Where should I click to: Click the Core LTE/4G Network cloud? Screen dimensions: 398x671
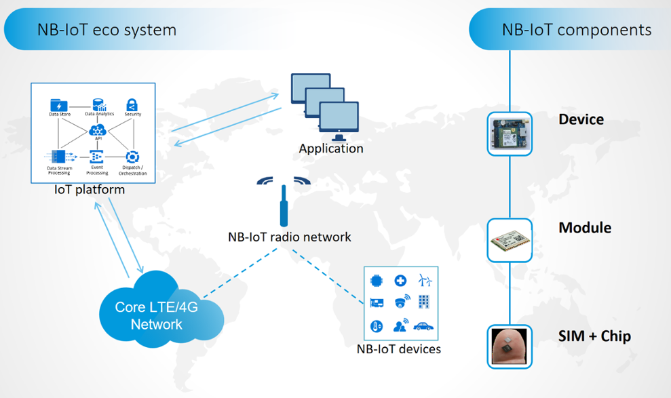[x=157, y=315]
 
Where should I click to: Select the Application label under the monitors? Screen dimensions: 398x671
[x=331, y=148]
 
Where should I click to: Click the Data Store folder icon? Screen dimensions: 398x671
[x=59, y=105]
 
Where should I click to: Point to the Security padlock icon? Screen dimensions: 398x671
[x=132, y=104]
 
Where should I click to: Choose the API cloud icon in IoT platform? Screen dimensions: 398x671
[x=98, y=130]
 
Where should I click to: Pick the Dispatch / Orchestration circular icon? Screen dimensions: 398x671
[x=132, y=157]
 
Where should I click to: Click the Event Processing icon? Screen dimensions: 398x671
[x=96, y=157]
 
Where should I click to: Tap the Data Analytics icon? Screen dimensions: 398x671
[x=99, y=104]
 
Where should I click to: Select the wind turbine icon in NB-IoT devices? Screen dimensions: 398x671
[x=425, y=280]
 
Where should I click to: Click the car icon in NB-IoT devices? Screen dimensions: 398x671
[x=425, y=326]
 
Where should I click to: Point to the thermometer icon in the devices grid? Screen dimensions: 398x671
[x=377, y=326]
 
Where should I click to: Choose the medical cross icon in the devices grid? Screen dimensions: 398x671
[x=401, y=280]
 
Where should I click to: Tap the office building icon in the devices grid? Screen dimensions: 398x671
[x=425, y=302]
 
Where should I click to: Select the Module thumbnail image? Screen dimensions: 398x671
[x=510, y=240]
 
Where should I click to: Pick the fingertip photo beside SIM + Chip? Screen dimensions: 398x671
[x=510, y=346]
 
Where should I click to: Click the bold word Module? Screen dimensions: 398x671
[x=585, y=228]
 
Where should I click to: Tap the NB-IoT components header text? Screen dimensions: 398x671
[x=577, y=30]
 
